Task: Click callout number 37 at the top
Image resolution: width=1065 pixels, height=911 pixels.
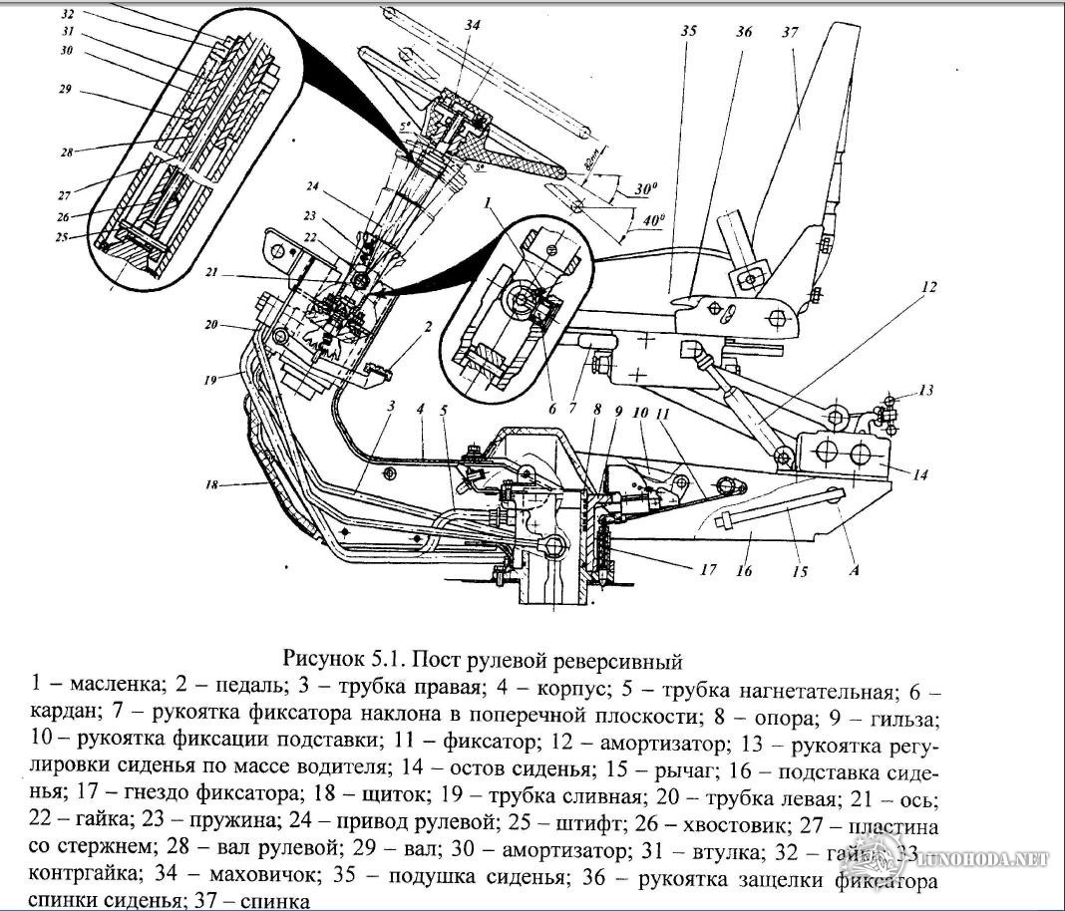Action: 790,32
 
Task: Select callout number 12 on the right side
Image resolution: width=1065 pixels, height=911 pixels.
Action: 928,287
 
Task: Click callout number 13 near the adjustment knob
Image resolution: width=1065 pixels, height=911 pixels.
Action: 928,391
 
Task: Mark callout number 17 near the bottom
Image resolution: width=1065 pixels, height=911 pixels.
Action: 707,571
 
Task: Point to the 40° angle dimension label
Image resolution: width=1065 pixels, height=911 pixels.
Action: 653,222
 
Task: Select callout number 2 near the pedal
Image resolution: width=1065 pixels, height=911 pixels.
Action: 427,326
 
